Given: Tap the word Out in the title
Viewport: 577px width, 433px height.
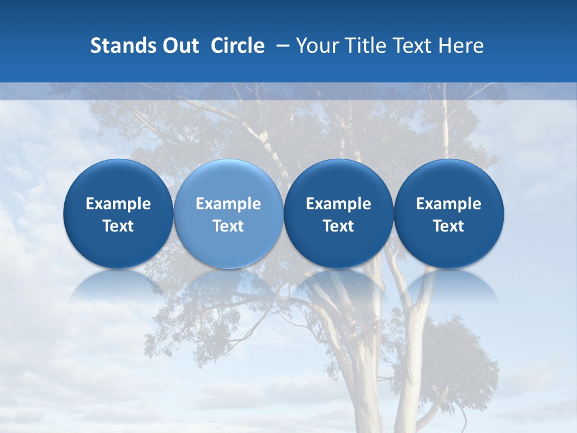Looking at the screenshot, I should pos(180,46).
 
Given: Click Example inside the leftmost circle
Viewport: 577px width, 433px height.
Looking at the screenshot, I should pos(118,204).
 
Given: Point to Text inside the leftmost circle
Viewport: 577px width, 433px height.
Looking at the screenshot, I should pos(118,226).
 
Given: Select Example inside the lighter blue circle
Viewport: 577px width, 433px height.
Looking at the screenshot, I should pos(228,204).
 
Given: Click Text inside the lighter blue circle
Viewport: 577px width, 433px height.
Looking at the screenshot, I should pos(228,226).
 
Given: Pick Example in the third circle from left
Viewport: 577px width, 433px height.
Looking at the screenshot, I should pos(338,204).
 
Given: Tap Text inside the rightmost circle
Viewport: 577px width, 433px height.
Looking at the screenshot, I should pos(449,226).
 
